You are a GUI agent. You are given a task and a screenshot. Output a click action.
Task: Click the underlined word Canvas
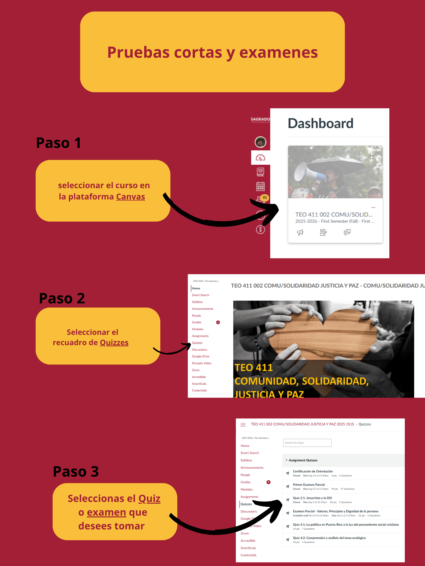pos(130,197)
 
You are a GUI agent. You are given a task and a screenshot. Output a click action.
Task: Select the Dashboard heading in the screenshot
pos(320,123)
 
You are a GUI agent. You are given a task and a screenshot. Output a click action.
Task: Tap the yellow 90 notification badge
pos(265,198)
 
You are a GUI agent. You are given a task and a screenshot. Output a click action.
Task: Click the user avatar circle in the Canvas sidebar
pos(260,142)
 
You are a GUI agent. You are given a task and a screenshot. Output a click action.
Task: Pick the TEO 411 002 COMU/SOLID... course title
pos(334,214)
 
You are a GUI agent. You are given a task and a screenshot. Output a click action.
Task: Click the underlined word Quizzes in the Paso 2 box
pos(114,342)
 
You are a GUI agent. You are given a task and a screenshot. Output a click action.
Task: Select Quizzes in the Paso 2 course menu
pos(197,343)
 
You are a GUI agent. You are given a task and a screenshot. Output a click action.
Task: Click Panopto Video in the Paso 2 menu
pos(201,363)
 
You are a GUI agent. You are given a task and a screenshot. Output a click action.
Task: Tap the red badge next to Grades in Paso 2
pos(218,322)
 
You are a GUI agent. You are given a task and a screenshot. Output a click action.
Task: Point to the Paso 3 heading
pos(76,471)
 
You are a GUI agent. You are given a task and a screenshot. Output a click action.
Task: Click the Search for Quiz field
pos(307,443)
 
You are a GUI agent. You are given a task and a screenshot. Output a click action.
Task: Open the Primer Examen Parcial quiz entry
pos(308,485)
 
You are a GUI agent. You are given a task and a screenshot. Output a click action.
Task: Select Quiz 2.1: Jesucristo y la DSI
pos(312,498)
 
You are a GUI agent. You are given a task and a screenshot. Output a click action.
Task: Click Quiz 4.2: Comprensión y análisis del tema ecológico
pos(329,538)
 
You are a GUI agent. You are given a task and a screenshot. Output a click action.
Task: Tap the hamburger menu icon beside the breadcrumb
pos(243,425)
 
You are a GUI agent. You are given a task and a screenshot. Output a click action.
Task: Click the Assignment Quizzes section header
pos(303,460)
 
